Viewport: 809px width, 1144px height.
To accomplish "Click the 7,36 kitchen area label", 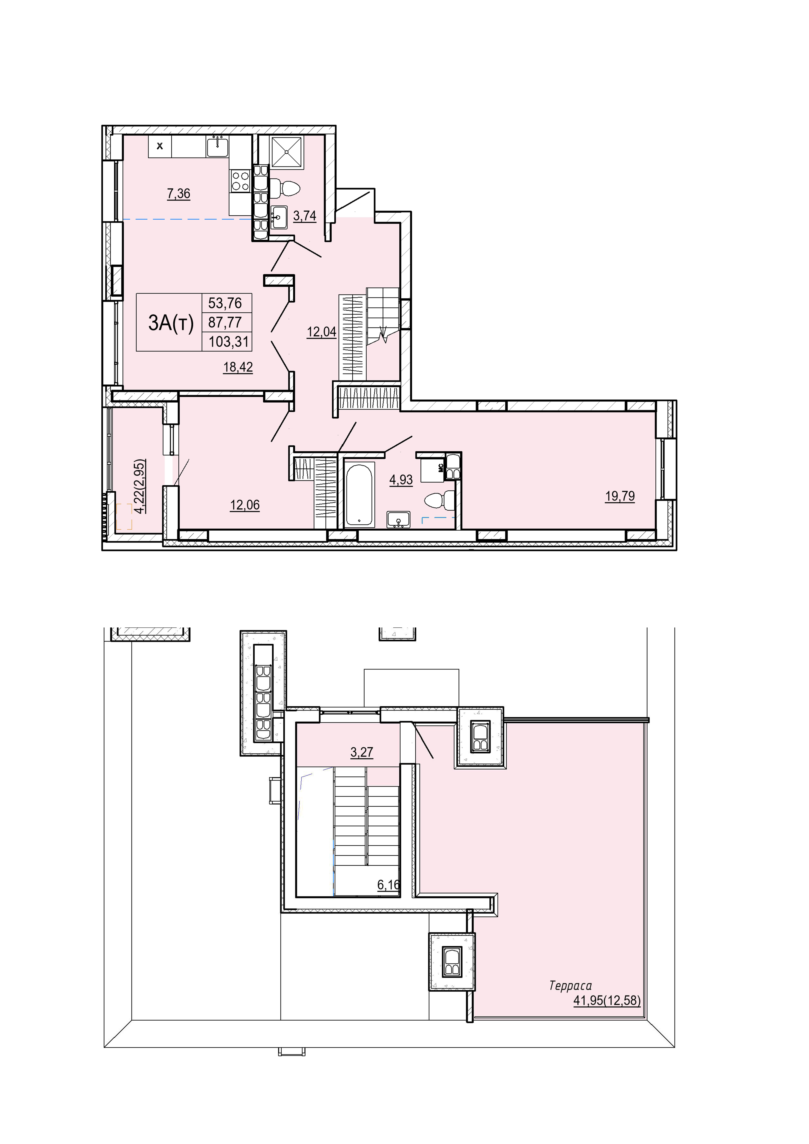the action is point(178,194).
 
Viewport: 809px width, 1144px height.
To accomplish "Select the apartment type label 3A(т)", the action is point(170,323).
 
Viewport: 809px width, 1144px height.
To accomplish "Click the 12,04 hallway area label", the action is point(321,332).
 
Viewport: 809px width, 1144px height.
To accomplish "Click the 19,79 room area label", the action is point(620,496).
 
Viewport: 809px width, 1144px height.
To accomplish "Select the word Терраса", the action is point(570,986).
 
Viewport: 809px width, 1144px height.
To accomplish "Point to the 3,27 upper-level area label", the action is point(362,752).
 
